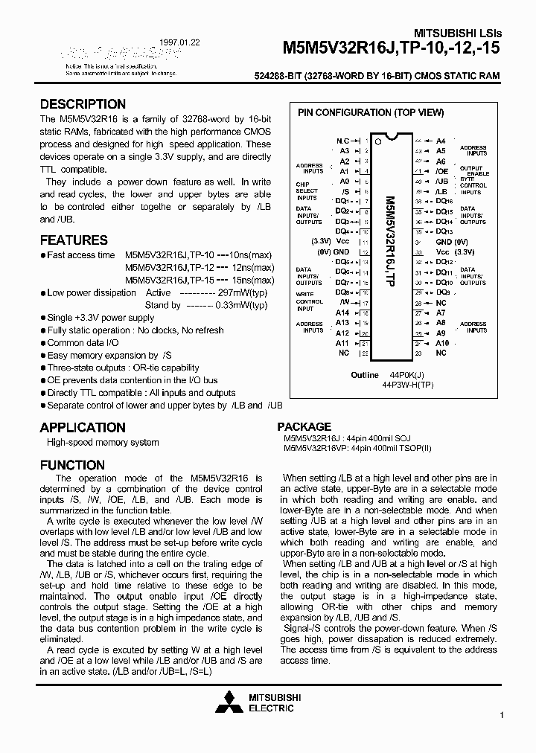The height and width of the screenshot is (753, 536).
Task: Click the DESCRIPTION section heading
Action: [x=83, y=104]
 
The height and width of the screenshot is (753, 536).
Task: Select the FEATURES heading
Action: [x=74, y=240]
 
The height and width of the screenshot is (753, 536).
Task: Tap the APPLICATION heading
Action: [x=83, y=427]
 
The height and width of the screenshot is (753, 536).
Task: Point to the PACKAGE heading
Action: [x=304, y=426]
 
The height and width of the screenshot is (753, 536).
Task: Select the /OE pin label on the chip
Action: [x=441, y=171]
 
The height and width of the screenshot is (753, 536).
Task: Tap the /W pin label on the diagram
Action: [x=343, y=303]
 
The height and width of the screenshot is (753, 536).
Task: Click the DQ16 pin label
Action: [x=444, y=201]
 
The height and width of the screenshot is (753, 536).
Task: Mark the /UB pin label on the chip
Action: [x=441, y=182]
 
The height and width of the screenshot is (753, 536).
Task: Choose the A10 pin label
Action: [x=442, y=343]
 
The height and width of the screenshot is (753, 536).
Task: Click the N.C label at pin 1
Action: [x=342, y=141]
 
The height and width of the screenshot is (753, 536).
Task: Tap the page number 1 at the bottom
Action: [x=502, y=716]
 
